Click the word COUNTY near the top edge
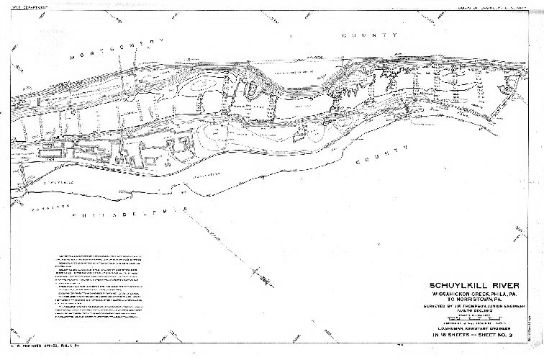[x=370, y=35]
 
